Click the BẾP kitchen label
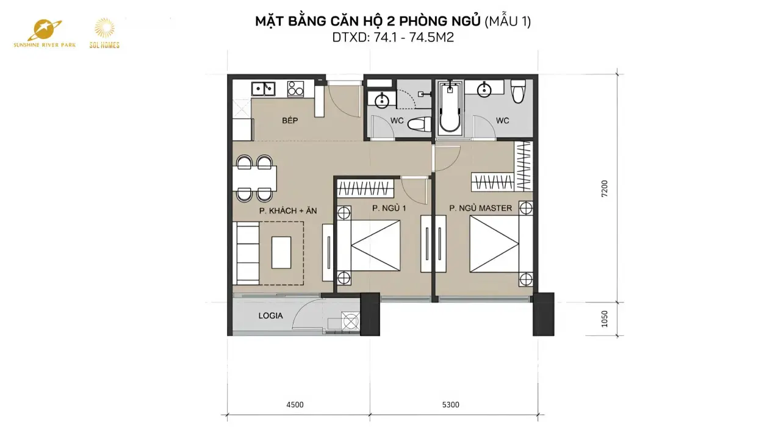[x=290, y=121]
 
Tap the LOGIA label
[x=270, y=316]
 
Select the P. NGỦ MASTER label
[x=480, y=208]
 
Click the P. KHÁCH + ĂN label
[x=288, y=210]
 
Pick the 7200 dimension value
[x=604, y=188]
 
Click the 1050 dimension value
[x=604, y=319]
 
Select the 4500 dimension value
[x=295, y=404]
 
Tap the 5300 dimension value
[x=450, y=404]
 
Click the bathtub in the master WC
[x=450, y=108]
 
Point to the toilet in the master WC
[x=518, y=91]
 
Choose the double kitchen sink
[x=264, y=88]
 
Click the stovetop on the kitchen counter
[x=296, y=88]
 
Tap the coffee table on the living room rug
[x=281, y=252]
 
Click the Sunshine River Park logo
[x=45, y=34]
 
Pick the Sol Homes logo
[x=104, y=34]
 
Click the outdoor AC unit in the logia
[x=350, y=321]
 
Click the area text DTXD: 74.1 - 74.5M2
[x=393, y=37]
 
